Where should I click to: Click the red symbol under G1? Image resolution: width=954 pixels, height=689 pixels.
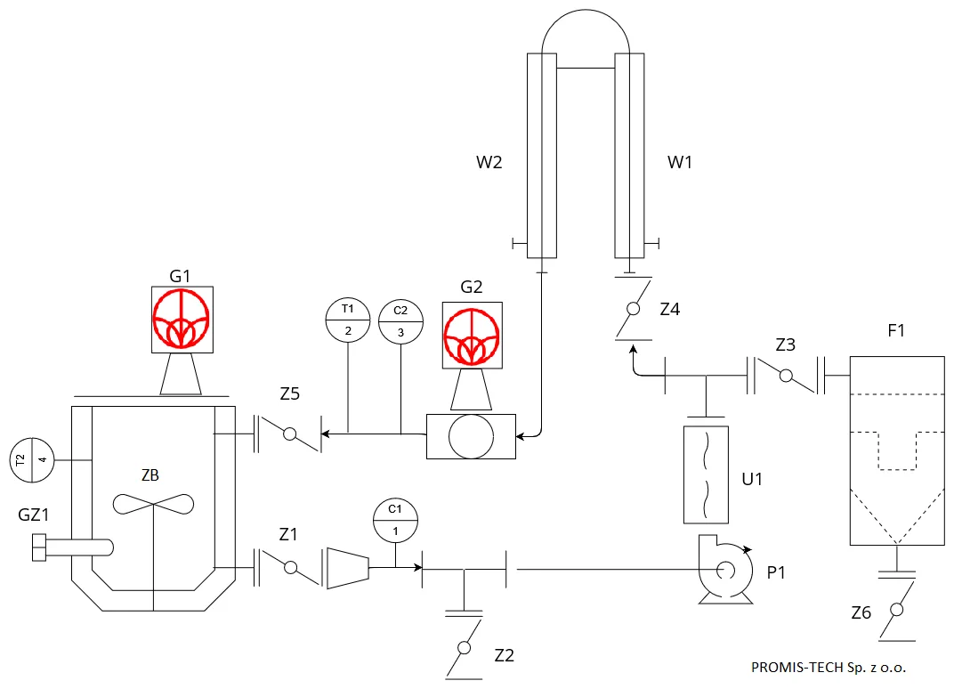182,319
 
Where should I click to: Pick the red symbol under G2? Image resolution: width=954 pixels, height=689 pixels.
473,336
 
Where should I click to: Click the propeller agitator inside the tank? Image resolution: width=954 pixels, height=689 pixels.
153,504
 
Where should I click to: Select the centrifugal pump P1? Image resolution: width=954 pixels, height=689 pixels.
725,570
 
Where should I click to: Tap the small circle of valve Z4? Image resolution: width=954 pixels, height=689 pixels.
634,309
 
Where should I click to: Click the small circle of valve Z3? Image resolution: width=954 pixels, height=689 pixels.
786,376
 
